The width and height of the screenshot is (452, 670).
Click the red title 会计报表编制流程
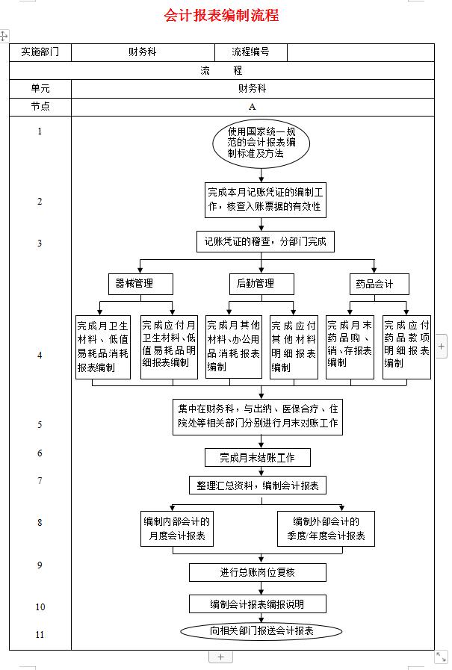(221, 15)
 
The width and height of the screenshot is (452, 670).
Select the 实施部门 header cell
(40, 52)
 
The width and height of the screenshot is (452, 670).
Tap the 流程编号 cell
(250, 52)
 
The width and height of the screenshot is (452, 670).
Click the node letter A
(252, 106)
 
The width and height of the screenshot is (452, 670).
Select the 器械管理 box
(140, 284)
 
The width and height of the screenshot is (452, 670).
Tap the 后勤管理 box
(261, 284)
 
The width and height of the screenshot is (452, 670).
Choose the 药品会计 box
(380, 284)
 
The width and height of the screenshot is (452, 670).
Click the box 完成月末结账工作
(258, 458)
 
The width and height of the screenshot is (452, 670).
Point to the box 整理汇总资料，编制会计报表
(258, 486)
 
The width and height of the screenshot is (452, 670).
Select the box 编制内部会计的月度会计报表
(176, 529)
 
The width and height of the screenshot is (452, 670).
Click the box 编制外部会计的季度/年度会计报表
(326, 529)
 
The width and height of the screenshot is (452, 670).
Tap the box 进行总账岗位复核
(258, 572)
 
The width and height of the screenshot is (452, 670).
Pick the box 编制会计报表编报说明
(258, 604)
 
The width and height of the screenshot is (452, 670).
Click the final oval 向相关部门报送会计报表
(261, 631)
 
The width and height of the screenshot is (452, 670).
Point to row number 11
(40, 635)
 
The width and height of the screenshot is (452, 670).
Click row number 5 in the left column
(40, 425)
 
